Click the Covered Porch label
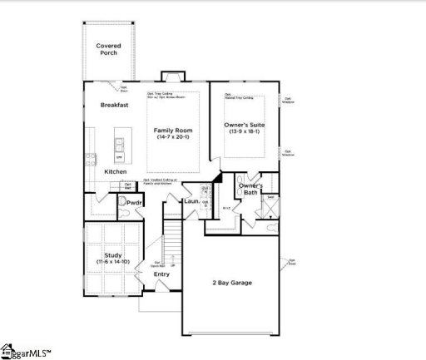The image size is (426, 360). (x=107, y=49)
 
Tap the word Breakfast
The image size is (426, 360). (x=114, y=106)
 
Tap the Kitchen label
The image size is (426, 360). (x=116, y=171)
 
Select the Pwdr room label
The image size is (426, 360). (x=134, y=202)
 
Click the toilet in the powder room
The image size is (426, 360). (x=123, y=213)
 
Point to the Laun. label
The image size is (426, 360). (x=192, y=201)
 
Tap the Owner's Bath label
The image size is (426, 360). (x=251, y=189)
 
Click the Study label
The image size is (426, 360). (x=112, y=254)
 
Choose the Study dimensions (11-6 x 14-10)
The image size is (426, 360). (x=112, y=262)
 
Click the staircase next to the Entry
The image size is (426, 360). (x=171, y=241)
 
